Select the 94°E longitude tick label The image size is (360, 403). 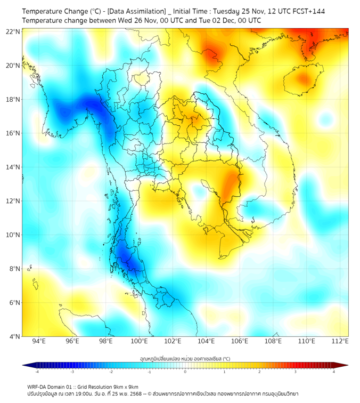pyautogui.click(x=39, y=342)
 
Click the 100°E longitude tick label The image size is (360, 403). pyautogui.click(x=140, y=342)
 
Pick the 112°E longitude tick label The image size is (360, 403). pyautogui.click(x=340, y=342)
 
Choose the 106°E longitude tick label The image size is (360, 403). pyautogui.click(x=240, y=342)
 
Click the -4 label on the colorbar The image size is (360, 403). pyautogui.click(x=37, y=372)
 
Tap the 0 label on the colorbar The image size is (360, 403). pyautogui.click(x=185, y=372)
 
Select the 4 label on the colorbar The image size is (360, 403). pyautogui.click(x=334, y=372)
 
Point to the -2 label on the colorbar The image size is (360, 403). pyautogui.click(x=111, y=372)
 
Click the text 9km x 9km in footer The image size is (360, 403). pyautogui.click(x=125, y=386)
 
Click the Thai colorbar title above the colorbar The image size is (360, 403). pyautogui.click(x=185, y=359)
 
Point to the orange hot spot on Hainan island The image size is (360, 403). pyautogui.click(x=304, y=79)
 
